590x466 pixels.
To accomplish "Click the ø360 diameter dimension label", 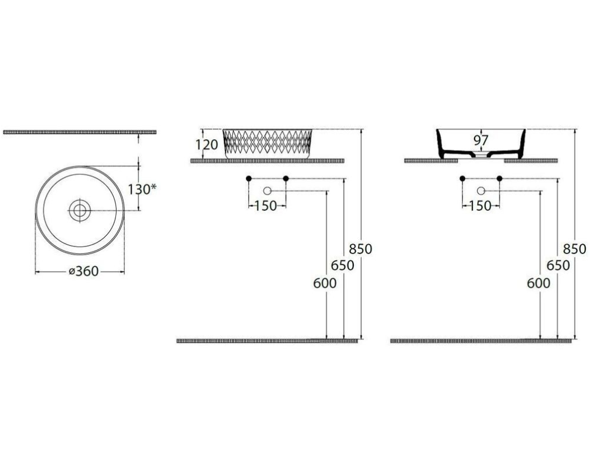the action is click(x=83, y=271).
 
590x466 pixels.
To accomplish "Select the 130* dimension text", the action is click(x=142, y=189).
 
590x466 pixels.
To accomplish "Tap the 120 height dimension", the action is click(x=206, y=144).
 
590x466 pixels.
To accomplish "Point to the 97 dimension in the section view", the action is click(x=481, y=140).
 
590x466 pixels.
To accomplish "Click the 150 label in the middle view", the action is click(x=266, y=206).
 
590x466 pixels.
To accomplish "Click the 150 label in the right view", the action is click(x=480, y=206).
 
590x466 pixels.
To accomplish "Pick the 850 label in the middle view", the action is click(x=360, y=249).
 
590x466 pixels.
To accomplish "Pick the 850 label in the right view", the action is click(x=575, y=249).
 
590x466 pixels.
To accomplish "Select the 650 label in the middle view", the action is click(x=342, y=266).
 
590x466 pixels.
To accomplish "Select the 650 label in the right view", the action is click(x=558, y=266).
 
